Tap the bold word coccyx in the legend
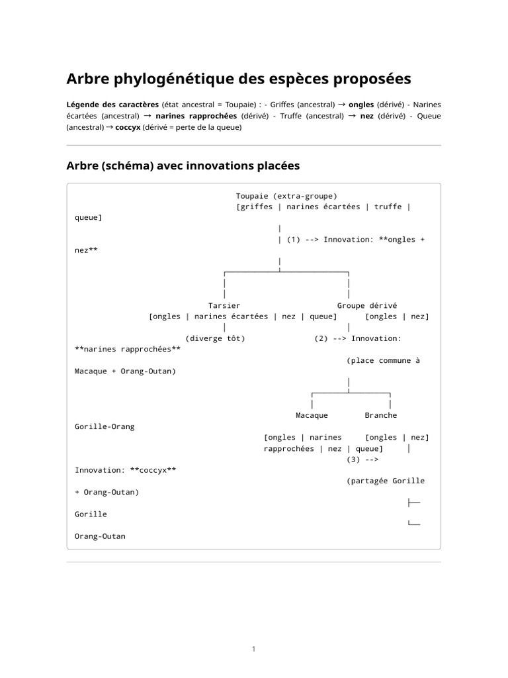pos(128,128)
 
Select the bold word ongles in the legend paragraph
pos(361,105)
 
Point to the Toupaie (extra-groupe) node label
pos(286,196)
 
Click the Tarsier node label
pos(224,305)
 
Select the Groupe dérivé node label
pos(367,305)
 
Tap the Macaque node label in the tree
pos(312,415)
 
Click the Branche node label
pos(381,415)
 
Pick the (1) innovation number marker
pos(294,240)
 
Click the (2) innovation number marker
pos(321,338)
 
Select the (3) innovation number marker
pos(353,459)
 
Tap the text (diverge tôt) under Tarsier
pos(215,338)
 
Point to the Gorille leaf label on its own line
pos(91,514)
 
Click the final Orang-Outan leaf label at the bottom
pos(100,536)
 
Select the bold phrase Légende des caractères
pos(112,105)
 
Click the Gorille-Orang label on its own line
pos(105,426)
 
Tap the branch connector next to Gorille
pos(414,503)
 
